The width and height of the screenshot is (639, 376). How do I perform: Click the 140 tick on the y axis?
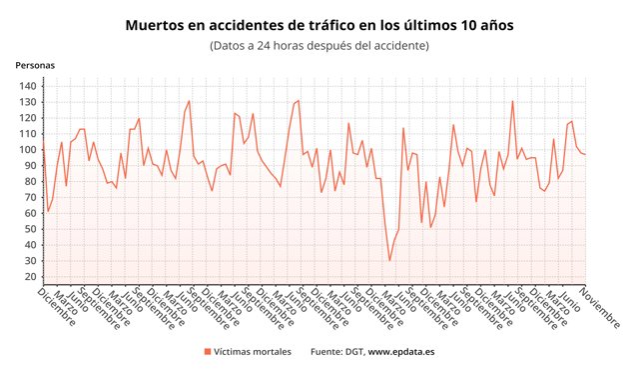(x=27, y=86)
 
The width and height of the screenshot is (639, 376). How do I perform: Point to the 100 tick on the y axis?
(x=27, y=150)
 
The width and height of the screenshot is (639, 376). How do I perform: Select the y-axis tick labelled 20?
(x=30, y=277)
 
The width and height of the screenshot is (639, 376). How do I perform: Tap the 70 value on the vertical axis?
(x=30, y=197)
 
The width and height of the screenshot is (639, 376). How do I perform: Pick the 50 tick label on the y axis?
(x=30, y=229)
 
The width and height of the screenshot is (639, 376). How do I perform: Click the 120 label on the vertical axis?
(x=27, y=118)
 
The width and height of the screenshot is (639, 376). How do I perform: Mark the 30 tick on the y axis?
(x=30, y=261)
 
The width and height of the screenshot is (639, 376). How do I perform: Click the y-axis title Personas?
(x=35, y=65)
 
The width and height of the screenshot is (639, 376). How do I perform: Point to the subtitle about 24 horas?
(x=319, y=45)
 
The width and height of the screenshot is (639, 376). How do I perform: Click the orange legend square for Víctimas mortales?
(x=208, y=352)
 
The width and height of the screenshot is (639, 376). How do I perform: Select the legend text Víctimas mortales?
(x=254, y=352)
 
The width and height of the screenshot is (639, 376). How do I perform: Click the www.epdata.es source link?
(x=401, y=352)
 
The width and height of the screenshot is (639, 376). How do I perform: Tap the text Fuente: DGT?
(x=337, y=352)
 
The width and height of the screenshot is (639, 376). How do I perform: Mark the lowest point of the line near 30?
(x=390, y=261)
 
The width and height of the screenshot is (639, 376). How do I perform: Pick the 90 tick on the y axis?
(x=30, y=166)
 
